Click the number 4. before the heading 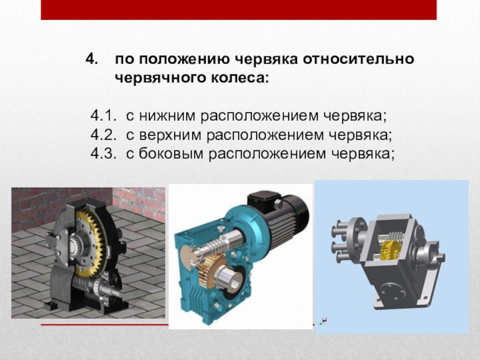(92, 59)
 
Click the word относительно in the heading (358, 59)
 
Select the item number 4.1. (103, 116)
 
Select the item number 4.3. (103, 154)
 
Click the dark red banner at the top (239, 10)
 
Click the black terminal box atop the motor (264, 200)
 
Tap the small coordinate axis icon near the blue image (322, 321)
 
